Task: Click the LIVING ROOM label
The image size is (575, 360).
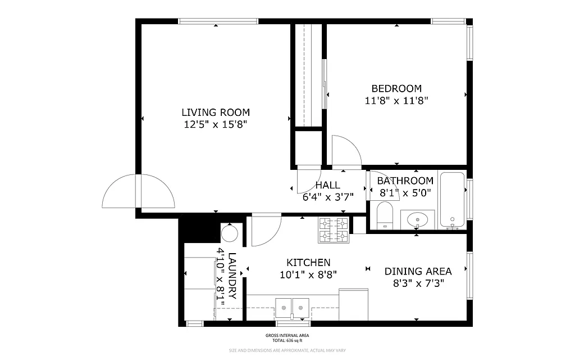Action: coord(215,112)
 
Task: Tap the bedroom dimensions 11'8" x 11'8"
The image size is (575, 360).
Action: coord(396,101)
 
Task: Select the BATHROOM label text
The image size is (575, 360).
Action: coord(405,181)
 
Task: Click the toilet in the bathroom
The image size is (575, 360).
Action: coord(385,217)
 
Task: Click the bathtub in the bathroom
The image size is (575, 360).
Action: coord(452,200)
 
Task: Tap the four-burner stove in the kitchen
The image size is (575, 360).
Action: coord(334,229)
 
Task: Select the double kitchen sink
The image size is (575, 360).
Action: coord(293,308)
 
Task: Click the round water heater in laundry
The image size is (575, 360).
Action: coord(230,232)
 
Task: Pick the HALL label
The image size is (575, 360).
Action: coord(327,185)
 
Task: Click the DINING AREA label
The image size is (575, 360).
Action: coord(414,272)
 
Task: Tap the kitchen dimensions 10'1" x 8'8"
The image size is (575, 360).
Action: coord(308,274)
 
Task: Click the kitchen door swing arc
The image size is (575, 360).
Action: coord(265,231)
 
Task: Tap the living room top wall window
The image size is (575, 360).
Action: coord(218,21)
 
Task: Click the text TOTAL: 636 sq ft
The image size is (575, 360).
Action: coord(287,340)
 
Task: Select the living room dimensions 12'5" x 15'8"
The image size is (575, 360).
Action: coord(215,124)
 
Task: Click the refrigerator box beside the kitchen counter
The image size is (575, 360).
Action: coord(353,304)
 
